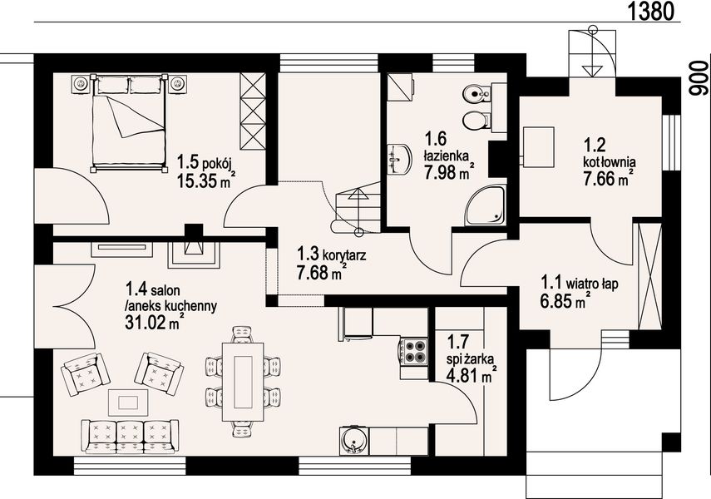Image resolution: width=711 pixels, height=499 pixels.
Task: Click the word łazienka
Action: (447, 156)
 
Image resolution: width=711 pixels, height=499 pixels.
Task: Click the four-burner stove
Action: (413, 351)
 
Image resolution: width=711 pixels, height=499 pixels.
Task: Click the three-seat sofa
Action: (130, 436)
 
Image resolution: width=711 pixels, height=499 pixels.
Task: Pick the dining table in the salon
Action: (243, 382)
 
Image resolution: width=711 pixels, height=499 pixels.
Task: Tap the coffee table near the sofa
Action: (129, 402)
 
